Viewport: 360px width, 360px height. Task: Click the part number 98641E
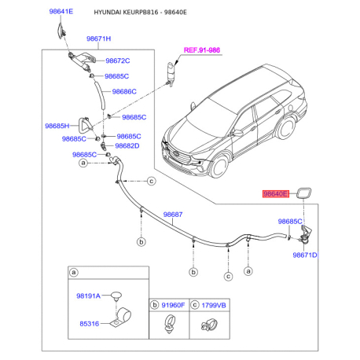[60, 13]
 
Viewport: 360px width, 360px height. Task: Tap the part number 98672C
[118, 61]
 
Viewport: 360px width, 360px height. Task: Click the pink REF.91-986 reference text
[202, 50]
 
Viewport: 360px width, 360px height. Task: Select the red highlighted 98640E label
[276, 193]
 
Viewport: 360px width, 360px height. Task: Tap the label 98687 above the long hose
[172, 214]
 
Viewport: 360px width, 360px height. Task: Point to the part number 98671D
[305, 255]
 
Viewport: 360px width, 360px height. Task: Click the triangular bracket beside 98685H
[85, 126]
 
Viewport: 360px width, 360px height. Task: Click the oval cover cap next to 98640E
[303, 191]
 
